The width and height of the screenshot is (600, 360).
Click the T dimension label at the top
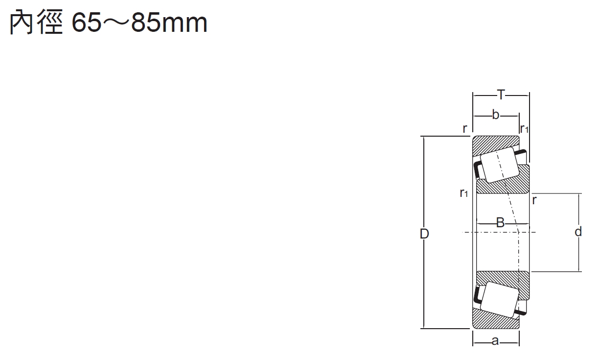pyautogui.click(x=501, y=95)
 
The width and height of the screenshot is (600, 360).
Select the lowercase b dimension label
pyautogui.click(x=496, y=115)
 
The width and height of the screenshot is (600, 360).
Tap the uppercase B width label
pyautogui.click(x=500, y=223)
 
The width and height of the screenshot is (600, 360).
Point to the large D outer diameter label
pyautogui.click(x=424, y=234)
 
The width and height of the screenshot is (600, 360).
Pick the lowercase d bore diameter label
pyautogui.click(x=578, y=231)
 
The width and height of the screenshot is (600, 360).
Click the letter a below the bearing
pyautogui.click(x=495, y=341)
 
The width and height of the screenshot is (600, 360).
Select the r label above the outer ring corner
pyautogui.click(x=465, y=128)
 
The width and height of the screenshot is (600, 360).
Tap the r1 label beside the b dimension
pyautogui.click(x=524, y=129)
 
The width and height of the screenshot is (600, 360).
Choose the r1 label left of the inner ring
pyautogui.click(x=464, y=192)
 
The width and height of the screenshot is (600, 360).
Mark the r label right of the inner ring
pyautogui.click(x=534, y=200)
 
